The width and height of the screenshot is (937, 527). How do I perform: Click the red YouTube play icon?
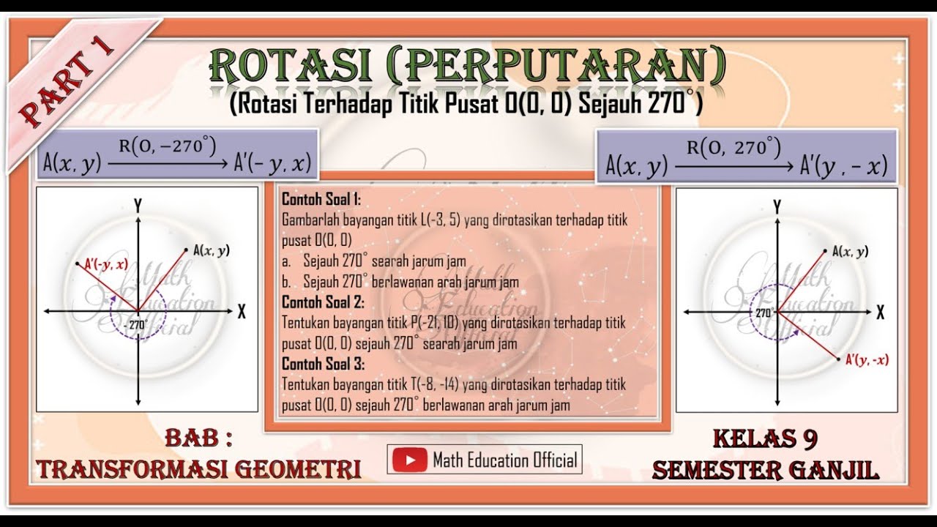click(409, 459)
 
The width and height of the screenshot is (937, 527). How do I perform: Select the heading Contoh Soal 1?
click(321, 199)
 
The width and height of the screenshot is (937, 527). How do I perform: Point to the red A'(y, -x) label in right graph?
click(867, 359)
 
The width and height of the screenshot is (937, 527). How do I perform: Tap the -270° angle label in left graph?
click(136, 324)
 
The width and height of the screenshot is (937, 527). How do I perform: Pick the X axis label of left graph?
click(242, 312)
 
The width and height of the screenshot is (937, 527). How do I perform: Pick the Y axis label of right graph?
click(777, 206)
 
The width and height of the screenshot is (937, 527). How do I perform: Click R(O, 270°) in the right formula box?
click(733, 148)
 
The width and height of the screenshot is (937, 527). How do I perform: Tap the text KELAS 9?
click(765, 439)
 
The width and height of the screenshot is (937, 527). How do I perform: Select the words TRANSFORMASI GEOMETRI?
click(199, 469)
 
